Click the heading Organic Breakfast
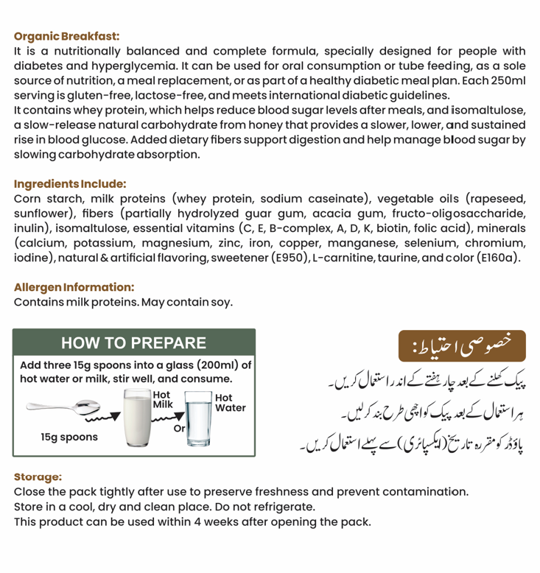pyautogui.click(x=66, y=36)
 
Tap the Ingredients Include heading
pyautogui.click(x=70, y=184)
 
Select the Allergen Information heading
pyautogui.click(x=74, y=287)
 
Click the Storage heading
pyautogui.click(x=38, y=477)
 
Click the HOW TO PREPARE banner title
pyautogui.click(x=133, y=343)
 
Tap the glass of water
pyautogui.click(x=197, y=418)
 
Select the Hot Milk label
pyautogui.click(x=162, y=399)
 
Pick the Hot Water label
pyautogui.click(x=230, y=402)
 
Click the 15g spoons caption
pyautogui.click(x=69, y=437)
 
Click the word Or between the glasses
pyautogui.click(x=178, y=429)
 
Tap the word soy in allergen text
pyautogui.click(x=222, y=302)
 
